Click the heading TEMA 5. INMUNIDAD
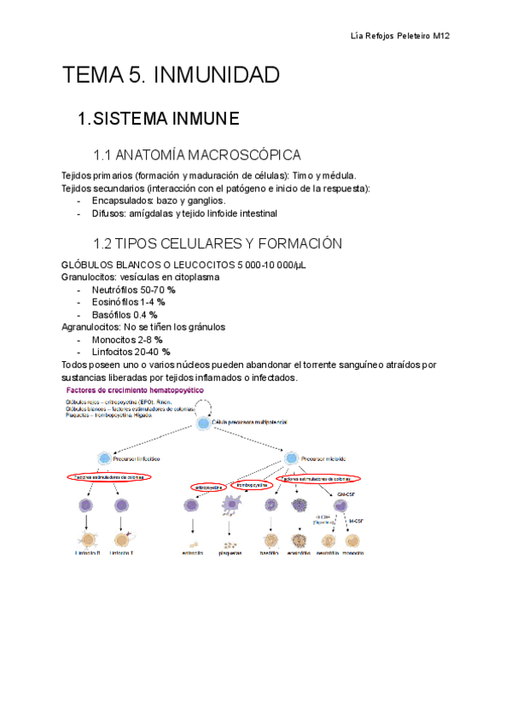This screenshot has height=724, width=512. click(x=171, y=75)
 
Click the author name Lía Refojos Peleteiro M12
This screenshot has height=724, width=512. click(x=400, y=36)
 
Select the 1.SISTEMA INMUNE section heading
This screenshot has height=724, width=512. click(x=158, y=118)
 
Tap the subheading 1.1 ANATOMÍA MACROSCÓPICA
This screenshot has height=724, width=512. click(x=197, y=155)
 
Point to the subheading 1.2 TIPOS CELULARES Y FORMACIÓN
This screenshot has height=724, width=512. click(x=218, y=243)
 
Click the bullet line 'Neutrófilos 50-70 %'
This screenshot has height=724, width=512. click(x=128, y=290)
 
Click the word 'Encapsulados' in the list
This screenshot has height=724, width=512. click(x=121, y=201)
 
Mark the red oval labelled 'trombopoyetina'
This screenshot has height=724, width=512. click(x=251, y=484)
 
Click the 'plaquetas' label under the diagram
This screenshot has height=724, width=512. click(x=229, y=552)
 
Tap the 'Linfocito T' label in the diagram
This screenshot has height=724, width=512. click(x=120, y=552)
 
